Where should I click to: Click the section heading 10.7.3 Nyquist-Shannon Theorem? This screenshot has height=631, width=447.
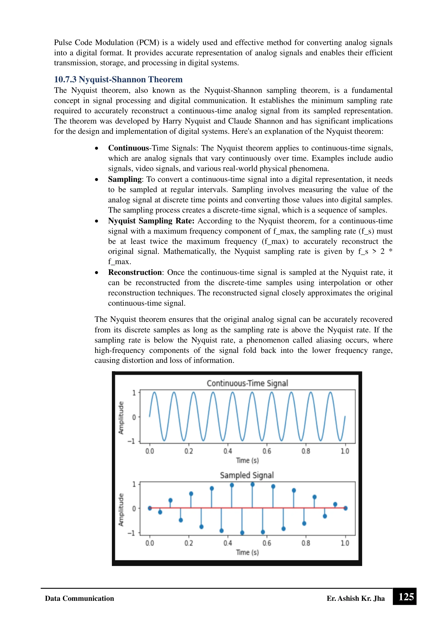[x=118, y=79]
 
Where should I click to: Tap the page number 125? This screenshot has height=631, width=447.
[x=406, y=597]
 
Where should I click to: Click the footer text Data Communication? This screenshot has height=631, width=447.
[x=79, y=598]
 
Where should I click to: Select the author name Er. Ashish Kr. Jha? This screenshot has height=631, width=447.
[x=355, y=598]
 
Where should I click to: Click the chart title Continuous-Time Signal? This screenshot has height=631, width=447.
[x=247, y=383]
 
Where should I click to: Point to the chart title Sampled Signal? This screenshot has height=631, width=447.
[x=247, y=475]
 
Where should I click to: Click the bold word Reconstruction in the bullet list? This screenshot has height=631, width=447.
[x=135, y=272]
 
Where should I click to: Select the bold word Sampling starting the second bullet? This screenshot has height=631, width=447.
[x=125, y=179]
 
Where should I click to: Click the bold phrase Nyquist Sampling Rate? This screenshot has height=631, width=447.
[x=151, y=221]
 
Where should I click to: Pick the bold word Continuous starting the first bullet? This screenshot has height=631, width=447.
[x=128, y=148]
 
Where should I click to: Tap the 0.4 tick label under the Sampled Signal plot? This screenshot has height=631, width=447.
[x=228, y=543]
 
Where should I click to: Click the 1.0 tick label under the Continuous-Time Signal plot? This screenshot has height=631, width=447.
[x=345, y=451]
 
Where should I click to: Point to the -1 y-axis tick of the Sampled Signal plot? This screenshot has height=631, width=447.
[x=131, y=533]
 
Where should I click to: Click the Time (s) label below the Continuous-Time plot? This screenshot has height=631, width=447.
[x=247, y=460]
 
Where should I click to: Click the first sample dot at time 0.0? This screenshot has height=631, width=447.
[x=150, y=508]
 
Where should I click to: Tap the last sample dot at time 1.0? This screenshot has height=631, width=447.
[x=345, y=508]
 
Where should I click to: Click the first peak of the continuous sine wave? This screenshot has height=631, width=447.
[x=154, y=393]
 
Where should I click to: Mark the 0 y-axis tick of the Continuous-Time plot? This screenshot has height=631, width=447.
[x=134, y=417]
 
